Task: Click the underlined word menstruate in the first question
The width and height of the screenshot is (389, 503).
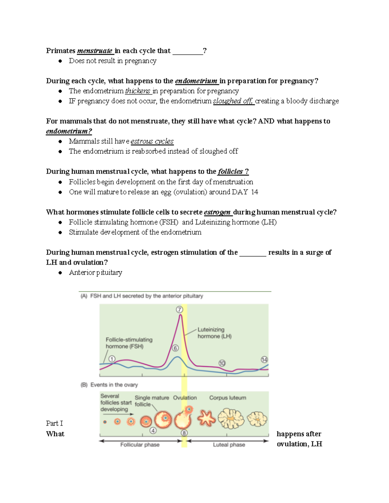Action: tap(95, 51)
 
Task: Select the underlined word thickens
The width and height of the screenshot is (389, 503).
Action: tap(138, 91)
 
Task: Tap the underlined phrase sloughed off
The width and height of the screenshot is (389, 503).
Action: tap(233, 101)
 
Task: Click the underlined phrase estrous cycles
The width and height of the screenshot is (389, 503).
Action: tap(152, 141)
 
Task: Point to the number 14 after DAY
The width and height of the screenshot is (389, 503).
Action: tap(254, 192)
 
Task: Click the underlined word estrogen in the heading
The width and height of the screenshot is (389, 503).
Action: tap(217, 212)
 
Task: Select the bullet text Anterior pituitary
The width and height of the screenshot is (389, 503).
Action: tap(95, 273)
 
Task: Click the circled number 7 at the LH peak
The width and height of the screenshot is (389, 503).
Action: tap(179, 309)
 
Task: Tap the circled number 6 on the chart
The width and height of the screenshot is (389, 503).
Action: tap(175, 348)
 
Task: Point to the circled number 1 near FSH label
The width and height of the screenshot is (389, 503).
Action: tap(112, 359)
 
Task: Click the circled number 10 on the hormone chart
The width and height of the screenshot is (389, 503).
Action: tap(222, 363)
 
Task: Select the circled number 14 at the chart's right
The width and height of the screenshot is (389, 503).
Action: tap(264, 360)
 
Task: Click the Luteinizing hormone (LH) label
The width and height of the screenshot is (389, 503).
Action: tap(214, 333)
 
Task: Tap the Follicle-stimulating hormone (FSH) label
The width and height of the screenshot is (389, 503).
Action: tap(129, 343)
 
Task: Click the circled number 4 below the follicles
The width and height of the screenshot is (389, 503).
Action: tap(153, 430)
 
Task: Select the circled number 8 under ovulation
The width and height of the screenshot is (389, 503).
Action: tap(184, 433)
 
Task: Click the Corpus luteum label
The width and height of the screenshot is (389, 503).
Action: tap(228, 398)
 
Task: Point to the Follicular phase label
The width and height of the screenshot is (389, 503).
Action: tap(140, 445)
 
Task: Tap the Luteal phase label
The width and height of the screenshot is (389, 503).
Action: tap(229, 445)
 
